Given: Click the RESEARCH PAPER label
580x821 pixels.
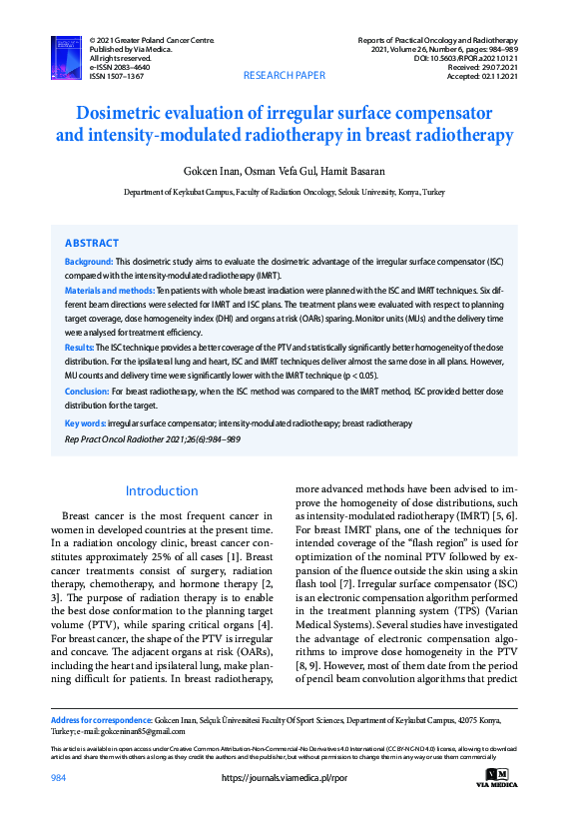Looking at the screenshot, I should (285, 76).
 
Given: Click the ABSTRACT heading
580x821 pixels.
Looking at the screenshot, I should (92, 243).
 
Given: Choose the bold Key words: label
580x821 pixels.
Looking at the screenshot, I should (85, 423).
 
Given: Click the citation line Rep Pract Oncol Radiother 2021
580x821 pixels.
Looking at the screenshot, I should (152, 438).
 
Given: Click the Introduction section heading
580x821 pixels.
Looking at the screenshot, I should (162, 490).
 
